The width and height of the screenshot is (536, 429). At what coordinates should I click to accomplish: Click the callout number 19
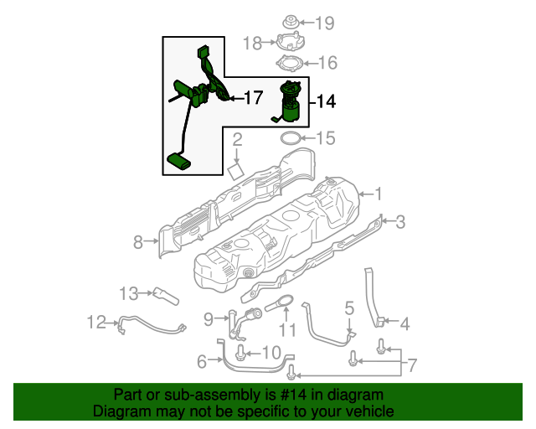(324, 23)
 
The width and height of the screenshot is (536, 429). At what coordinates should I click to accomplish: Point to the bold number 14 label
(326, 102)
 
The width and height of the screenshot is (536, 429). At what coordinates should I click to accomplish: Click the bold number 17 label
(253, 98)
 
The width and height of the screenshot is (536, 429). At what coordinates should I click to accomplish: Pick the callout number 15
(324, 137)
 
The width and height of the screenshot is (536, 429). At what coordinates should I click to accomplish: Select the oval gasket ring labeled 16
(291, 64)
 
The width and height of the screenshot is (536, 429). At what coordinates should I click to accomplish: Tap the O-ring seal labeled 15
(290, 137)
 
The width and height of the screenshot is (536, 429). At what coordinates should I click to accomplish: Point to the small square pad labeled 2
(236, 170)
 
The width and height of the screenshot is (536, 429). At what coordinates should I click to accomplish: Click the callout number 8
(138, 243)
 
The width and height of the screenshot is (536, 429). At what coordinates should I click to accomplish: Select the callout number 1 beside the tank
(378, 194)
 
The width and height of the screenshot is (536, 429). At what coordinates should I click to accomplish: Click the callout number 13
(128, 293)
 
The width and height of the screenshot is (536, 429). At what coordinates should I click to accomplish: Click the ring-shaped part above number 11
(280, 306)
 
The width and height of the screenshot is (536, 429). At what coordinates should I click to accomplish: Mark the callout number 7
(410, 365)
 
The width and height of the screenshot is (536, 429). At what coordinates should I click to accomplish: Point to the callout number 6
(202, 362)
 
